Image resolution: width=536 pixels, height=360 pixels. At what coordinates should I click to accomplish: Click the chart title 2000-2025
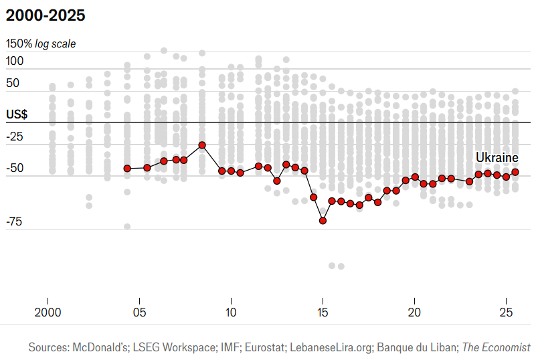45,15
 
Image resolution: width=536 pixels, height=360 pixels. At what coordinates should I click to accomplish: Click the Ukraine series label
497,157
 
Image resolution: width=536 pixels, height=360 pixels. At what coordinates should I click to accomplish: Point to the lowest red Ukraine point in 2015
323,220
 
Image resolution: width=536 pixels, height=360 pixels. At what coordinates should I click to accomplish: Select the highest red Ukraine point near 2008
202,145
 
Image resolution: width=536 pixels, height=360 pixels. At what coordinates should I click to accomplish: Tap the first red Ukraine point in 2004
127,169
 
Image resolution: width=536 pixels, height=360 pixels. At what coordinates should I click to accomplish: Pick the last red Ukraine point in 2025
515,172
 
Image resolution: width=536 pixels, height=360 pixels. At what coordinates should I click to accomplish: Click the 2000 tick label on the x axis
48,312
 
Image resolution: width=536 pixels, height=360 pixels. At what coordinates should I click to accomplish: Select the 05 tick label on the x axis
139,312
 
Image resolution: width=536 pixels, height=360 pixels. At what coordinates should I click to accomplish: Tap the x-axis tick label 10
231,312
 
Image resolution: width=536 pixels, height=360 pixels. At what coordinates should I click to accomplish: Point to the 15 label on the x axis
323,312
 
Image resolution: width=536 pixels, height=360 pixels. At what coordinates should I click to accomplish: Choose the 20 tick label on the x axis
415,312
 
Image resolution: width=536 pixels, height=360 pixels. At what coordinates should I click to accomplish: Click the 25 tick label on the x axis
507,312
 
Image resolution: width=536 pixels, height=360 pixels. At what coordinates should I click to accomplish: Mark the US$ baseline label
17,114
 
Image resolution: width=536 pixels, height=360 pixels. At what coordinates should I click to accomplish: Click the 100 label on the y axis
15,61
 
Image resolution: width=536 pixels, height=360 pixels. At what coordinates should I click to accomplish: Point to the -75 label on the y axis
15,221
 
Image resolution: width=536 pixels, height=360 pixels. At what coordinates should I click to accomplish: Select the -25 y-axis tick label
15,137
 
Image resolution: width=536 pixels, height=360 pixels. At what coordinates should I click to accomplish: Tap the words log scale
56,44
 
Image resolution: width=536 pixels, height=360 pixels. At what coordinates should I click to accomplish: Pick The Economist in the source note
497,348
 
